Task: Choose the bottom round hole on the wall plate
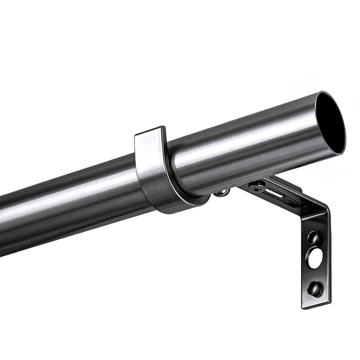click(x=314, y=288)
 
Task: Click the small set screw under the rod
click(x=221, y=192)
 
